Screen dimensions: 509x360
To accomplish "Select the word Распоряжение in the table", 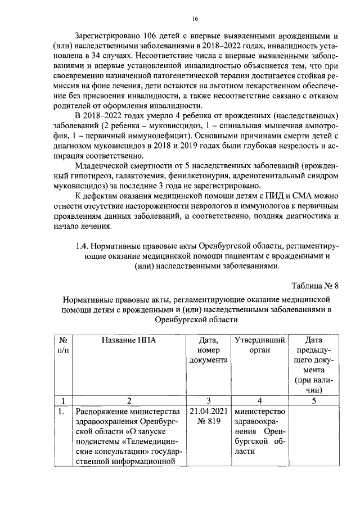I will [102, 411].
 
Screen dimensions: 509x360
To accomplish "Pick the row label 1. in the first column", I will [64, 411].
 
